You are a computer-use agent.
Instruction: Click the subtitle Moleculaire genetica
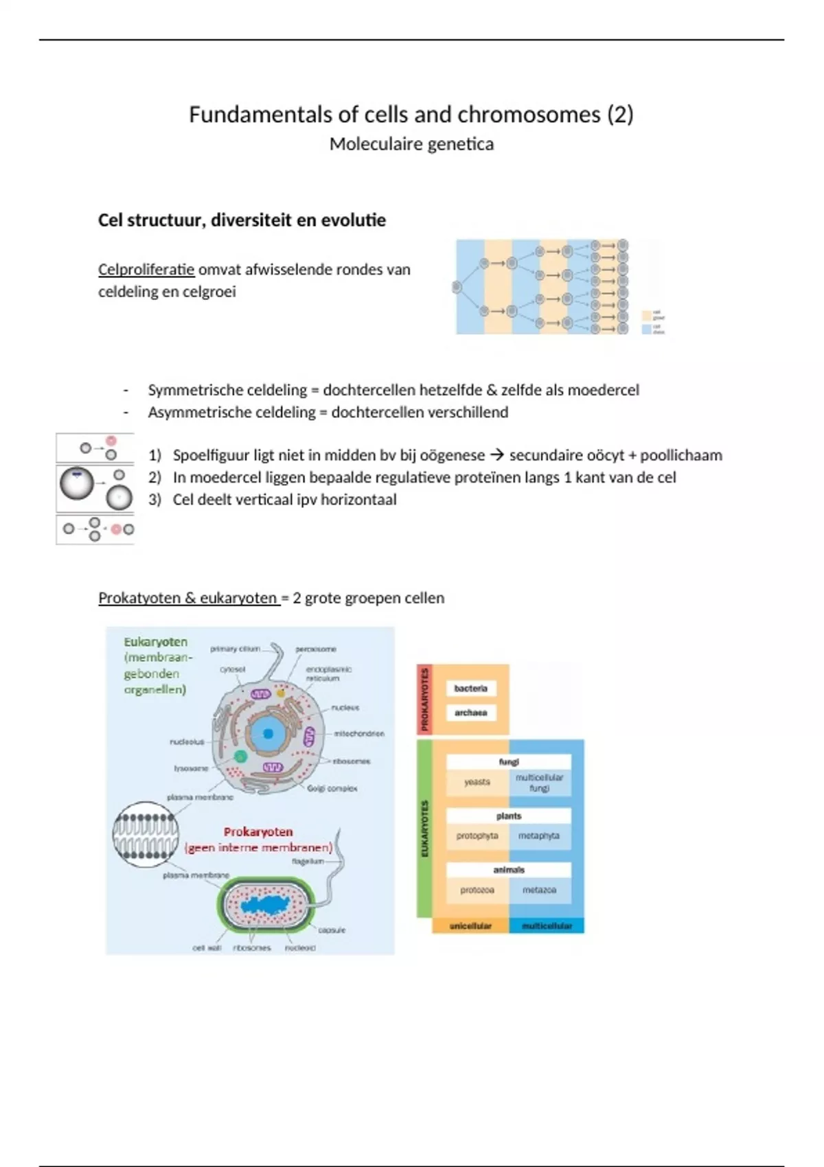(411, 144)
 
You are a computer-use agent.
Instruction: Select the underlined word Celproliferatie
(146, 270)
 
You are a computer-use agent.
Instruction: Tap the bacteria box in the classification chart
(470, 689)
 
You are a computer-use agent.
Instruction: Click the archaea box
(470, 713)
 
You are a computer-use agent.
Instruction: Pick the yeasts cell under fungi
(477, 782)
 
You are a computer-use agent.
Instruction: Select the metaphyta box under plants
(539, 836)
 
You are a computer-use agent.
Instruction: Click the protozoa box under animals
(477, 890)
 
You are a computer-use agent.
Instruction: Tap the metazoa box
(539, 890)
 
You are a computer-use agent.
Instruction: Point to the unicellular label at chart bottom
(470, 926)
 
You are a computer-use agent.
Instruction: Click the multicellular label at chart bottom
(547, 926)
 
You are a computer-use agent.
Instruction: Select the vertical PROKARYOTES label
(424, 699)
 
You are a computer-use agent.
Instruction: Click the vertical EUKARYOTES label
(424, 829)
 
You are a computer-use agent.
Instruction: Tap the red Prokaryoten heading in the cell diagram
(258, 832)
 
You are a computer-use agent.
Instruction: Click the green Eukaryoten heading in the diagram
(155, 642)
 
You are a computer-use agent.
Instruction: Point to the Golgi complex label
(332, 789)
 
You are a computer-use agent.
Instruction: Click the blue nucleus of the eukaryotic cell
(268, 733)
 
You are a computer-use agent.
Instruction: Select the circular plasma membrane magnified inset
(146, 835)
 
